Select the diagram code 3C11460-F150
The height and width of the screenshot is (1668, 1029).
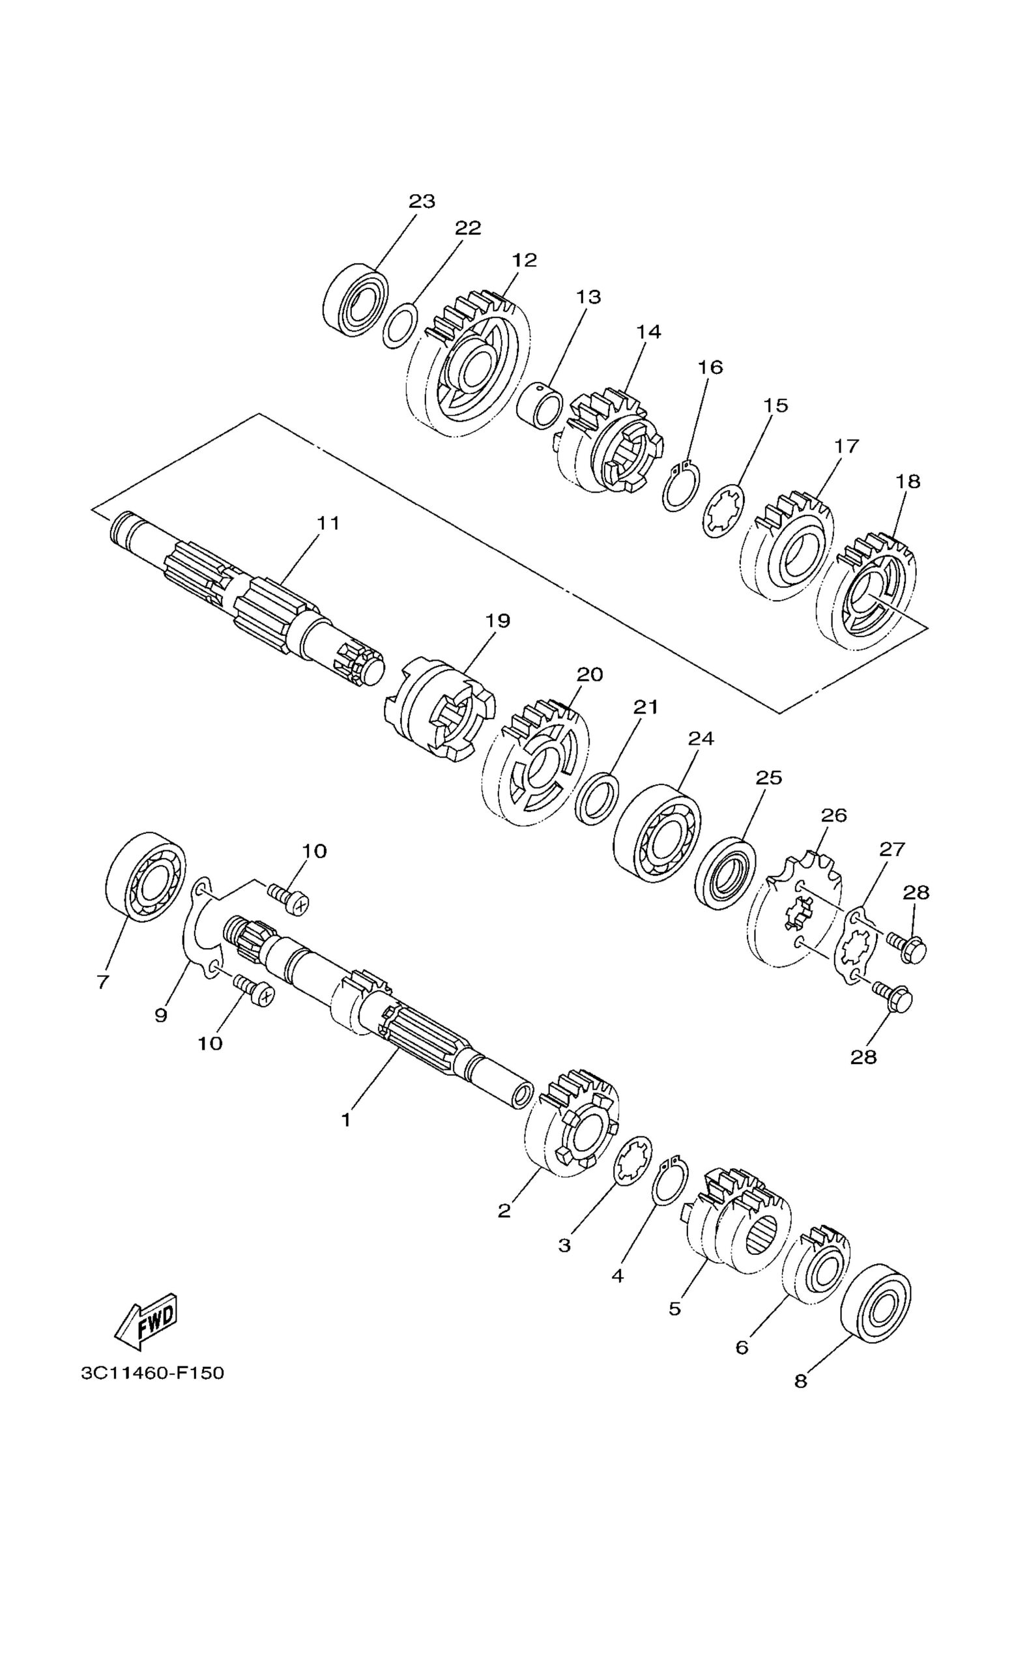pyautogui.click(x=152, y=1373)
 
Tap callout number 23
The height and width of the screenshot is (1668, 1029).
pyautogui.click(x=422, y=201)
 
